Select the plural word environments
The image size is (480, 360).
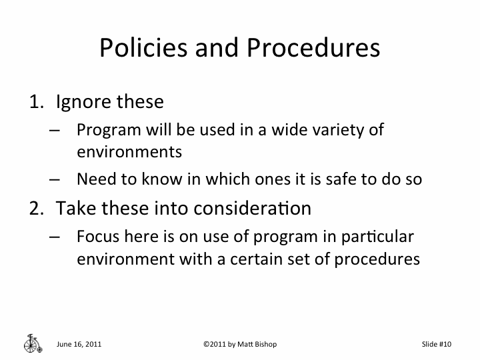click(129, 151)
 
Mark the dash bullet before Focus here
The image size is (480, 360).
click(55, 237)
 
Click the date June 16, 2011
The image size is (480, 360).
click(79, 344)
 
